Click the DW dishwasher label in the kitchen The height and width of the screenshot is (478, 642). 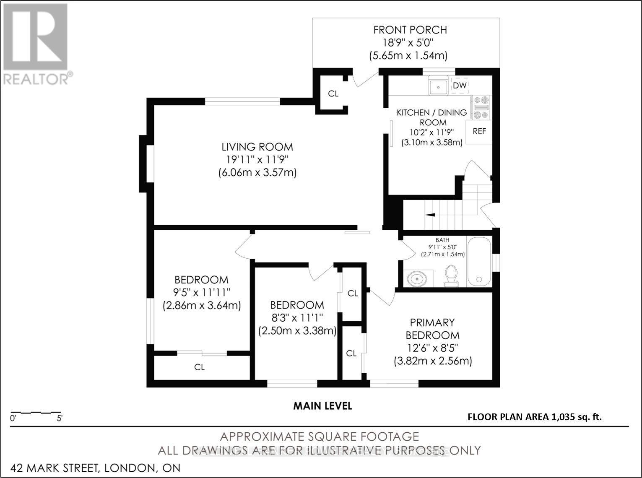(x=460, y=86)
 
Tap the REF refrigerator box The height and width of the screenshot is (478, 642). (x=479, y=132)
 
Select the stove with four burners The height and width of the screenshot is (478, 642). (x=481, y=107)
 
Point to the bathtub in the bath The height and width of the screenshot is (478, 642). (x=479, y=262)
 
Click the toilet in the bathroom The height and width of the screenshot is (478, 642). (x=451, y=275)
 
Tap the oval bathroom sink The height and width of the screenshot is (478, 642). (x=417, y=279)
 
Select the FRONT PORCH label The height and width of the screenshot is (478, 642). (x=410, y=30)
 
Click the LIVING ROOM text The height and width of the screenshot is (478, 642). (x=257, y=147)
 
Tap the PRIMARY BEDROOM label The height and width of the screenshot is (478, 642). (x=432, y=329)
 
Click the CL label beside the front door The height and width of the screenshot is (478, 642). (x=333, y=94)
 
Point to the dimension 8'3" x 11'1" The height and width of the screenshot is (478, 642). (x=297, y=318)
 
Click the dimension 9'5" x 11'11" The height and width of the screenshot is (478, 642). (x=202, y=292)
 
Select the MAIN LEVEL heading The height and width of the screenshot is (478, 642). (x=323, y=406)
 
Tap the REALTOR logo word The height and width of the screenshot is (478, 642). (x=36, y=79)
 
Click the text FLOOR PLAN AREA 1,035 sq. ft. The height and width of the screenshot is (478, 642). (x=535, y=417)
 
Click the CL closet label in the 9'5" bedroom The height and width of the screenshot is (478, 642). (x=200, y=367)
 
